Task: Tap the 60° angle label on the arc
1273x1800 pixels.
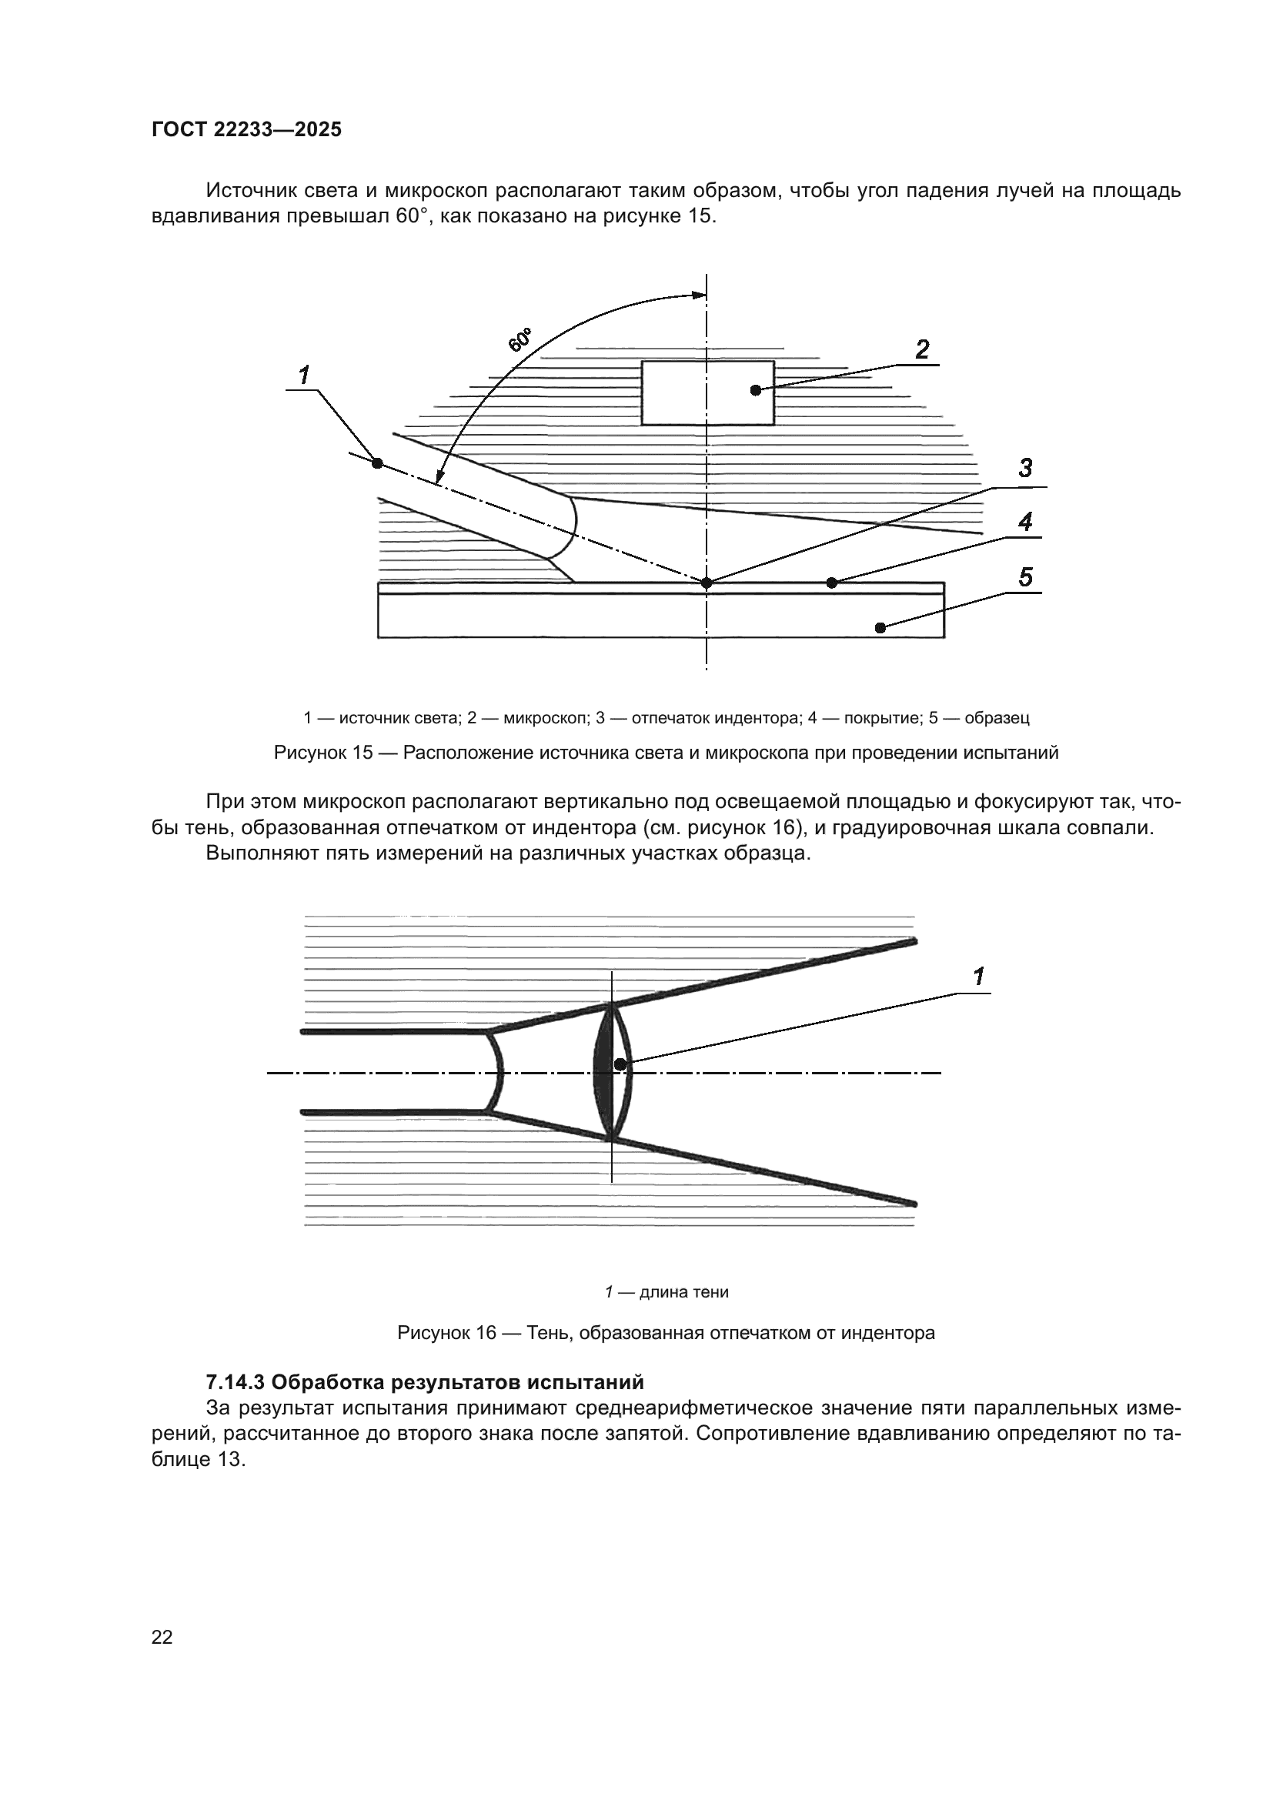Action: [x=520, y=340]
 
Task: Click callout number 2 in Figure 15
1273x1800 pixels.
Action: [x=922, y=349]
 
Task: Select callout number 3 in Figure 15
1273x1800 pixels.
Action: [x=1025, y=468]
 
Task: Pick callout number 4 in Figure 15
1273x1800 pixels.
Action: [x=1025, y=521]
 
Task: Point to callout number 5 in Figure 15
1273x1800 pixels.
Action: [x=1025, y=577]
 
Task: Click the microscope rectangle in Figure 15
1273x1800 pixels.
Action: [x=707, y=392]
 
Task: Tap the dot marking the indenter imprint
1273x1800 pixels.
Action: [x=707, y=583]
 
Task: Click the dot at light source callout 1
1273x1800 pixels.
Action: [x=377, y=463]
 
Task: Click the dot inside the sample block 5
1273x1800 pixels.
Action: [x=880, y=627]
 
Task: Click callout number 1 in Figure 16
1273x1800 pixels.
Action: [x=978, y=976]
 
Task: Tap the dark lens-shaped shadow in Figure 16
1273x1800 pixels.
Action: [x=603, y=1072]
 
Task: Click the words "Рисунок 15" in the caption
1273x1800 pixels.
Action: [x=323, y=753]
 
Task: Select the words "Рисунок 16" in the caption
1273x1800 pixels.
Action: [x=447, y=1333]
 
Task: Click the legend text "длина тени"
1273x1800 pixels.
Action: [x=683, y=1292]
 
